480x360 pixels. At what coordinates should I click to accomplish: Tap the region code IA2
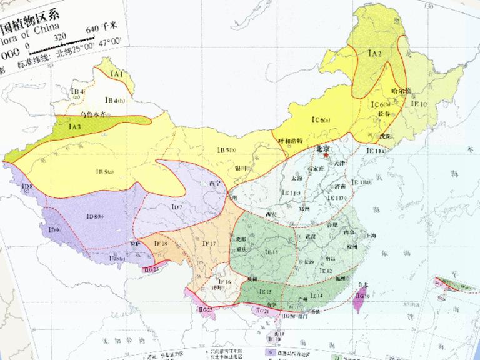(374, 54)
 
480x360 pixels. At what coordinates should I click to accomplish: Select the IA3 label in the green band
(75, 127)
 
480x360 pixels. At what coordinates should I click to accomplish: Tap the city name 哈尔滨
(400, 91)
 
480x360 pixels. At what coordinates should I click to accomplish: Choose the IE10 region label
(419, 104)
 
